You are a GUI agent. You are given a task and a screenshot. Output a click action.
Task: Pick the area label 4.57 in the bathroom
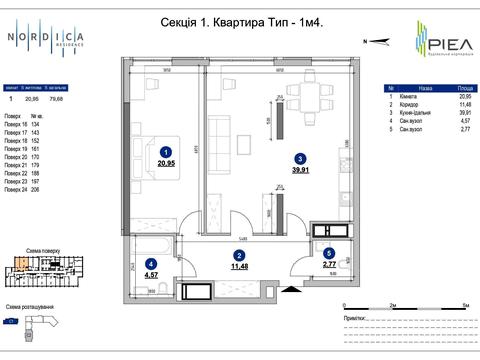152,273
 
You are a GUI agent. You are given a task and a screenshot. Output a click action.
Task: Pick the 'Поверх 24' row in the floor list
19,189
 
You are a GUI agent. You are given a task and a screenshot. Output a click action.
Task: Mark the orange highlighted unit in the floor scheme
20,262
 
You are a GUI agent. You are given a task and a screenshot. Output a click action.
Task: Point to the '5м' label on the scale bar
466,301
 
